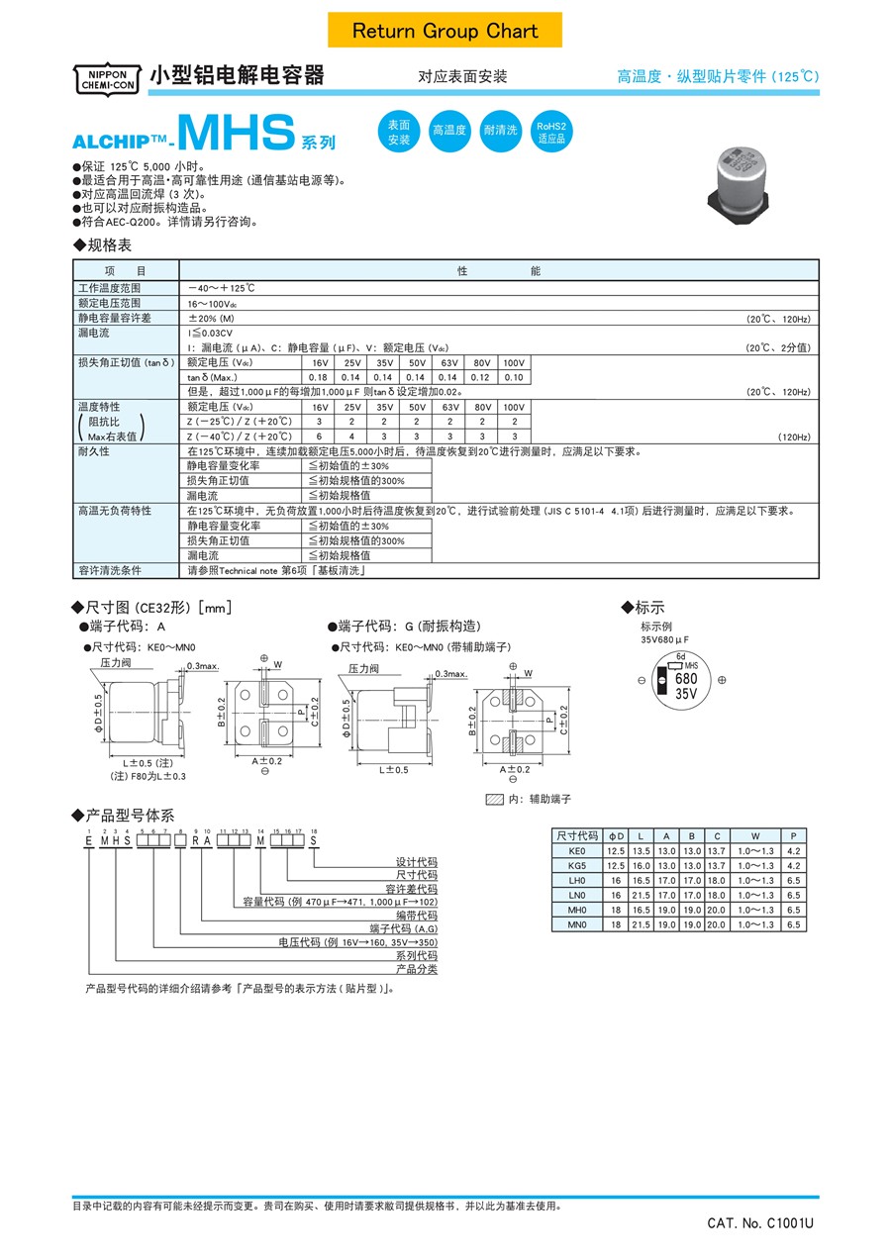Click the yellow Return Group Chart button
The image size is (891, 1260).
(445, 31)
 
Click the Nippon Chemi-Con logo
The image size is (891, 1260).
(103, 78)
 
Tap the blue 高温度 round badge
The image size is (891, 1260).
(448, 132)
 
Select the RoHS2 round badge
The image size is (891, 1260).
(551, 132)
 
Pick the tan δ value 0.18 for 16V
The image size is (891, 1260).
(319, 377)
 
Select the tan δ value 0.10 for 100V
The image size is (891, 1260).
(514, 377)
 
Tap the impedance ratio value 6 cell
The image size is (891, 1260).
(319, 436)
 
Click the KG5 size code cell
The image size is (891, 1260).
(577, 865)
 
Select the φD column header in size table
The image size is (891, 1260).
(617, 835)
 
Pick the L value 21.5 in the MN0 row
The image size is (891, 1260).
(641, 924)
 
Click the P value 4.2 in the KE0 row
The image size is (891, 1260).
(793, 850)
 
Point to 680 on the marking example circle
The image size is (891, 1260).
(686, 678)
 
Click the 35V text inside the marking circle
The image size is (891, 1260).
(686, 694)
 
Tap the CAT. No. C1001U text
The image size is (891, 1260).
(760, 1224)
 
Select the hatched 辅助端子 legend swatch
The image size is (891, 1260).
(494, 799)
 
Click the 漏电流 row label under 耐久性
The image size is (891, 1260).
(203, 495)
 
